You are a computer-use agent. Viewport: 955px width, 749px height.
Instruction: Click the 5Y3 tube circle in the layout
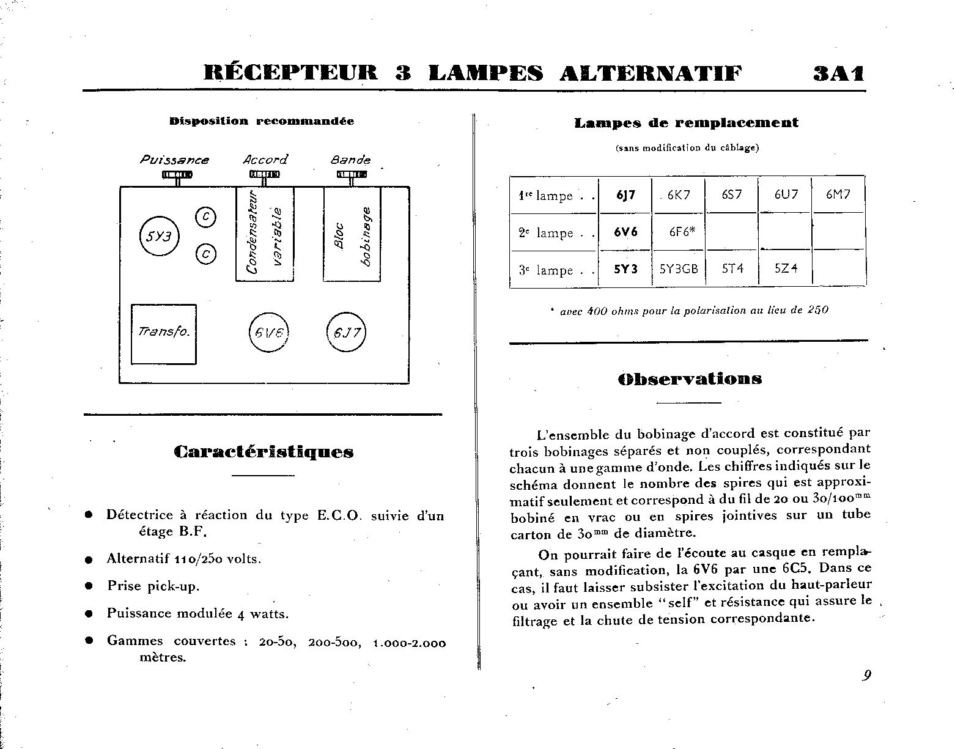[159, 236]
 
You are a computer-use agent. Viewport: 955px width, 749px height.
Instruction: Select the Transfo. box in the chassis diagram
[164, 333]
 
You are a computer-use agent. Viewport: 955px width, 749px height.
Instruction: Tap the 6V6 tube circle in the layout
[268, 333]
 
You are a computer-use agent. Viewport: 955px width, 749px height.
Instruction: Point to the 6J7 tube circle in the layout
[346, 333]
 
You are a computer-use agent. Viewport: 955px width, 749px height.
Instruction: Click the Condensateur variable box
[265, 234]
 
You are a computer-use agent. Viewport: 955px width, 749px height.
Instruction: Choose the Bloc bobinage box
[352, 234]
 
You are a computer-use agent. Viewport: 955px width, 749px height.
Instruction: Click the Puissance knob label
[174, 160]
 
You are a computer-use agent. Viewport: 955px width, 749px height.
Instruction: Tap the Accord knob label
[265, 160]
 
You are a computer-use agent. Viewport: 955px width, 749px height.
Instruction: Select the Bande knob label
[351, 160]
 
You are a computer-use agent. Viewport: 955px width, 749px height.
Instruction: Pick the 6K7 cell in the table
[678, 195]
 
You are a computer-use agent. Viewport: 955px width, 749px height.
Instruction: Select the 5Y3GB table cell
[679, 269]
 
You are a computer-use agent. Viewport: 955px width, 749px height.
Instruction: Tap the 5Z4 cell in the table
[786, 269]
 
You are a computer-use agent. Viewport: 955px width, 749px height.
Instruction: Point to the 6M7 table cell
[838, 195]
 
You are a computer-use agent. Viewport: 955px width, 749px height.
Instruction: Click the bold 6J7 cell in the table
[626, 195]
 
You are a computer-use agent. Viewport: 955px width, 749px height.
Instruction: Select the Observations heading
[690, 378]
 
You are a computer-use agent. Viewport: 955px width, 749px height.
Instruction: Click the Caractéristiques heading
[264, 452]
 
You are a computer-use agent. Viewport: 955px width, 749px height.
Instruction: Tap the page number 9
[866, 675]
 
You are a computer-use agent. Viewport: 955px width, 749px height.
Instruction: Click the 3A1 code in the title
[839, 73]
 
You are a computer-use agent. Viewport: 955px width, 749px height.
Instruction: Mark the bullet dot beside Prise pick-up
[89, 586]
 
